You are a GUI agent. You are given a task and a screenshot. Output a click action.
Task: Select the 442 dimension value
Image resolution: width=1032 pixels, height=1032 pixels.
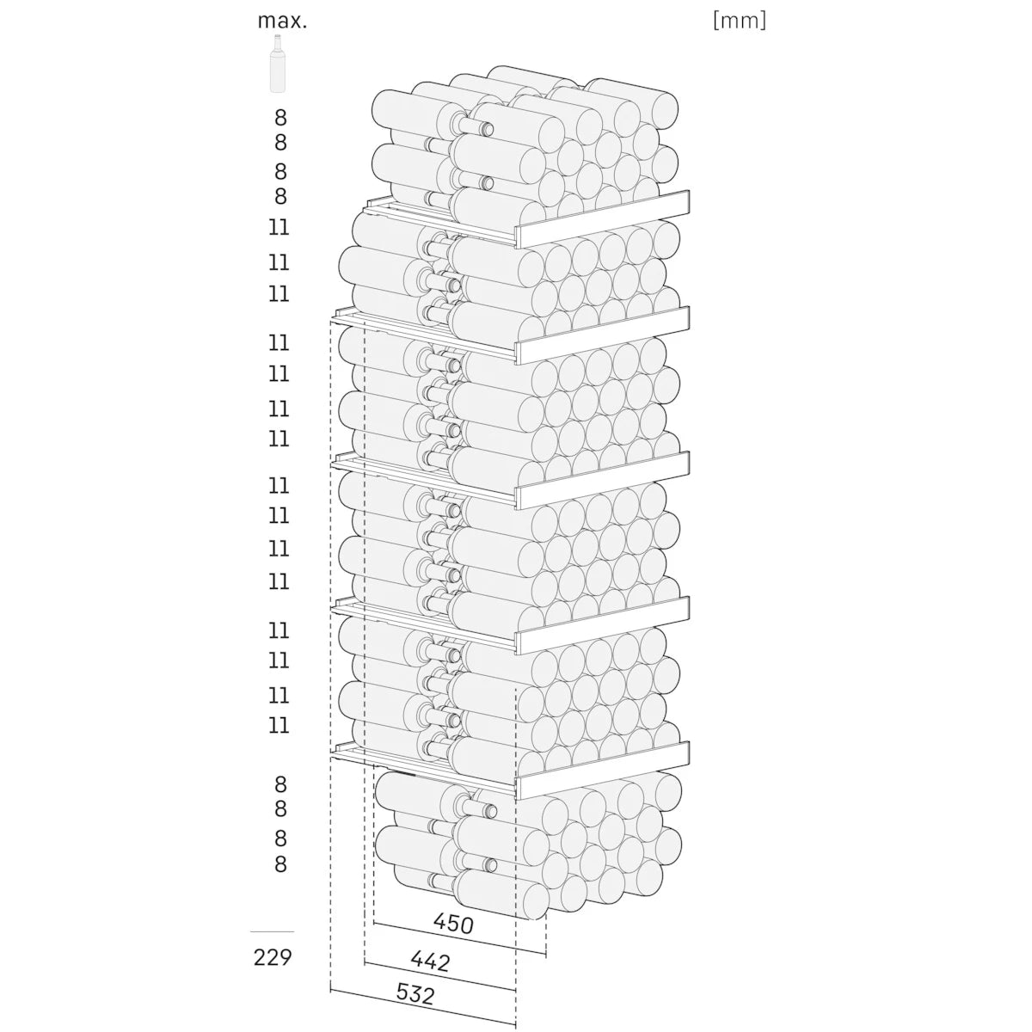(x=431, y=961)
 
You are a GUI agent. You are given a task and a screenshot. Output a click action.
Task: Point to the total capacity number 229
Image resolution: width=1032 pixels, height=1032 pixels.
(x=273, y=957)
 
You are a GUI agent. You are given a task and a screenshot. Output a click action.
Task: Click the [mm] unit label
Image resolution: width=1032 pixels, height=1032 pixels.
(x=739, y=21)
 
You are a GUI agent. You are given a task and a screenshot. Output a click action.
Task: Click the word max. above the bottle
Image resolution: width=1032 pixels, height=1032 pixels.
(x=282, y=21)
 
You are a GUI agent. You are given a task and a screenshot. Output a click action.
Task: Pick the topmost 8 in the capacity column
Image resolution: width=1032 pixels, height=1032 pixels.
(x=280, y=117)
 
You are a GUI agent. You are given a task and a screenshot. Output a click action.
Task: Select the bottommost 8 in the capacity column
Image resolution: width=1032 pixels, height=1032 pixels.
(x=280, y=864)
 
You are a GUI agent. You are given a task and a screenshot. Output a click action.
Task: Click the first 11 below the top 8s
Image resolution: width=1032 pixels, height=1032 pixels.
(x=279, y=228)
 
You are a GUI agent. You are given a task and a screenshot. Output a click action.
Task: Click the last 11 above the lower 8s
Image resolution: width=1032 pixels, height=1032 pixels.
(x=279, y=726)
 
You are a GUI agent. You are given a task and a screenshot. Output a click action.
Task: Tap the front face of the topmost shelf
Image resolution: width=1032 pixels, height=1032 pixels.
(x=603, y=219)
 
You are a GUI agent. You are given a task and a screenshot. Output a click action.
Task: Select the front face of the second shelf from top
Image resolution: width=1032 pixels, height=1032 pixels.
(x=603, y=335)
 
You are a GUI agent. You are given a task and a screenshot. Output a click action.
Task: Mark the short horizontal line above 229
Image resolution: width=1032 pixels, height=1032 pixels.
(x=272, y=932)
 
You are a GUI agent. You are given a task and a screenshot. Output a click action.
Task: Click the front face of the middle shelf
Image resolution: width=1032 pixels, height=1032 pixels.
(x=603, y=481)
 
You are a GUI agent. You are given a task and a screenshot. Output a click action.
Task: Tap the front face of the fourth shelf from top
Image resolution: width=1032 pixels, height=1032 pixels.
(x=603, y=625)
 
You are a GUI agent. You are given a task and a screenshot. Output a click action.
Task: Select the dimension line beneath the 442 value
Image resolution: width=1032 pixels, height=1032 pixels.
(x=439, y=981)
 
